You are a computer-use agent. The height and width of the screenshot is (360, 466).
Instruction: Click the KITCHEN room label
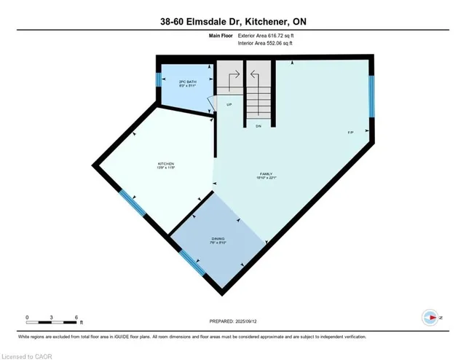(167, 165)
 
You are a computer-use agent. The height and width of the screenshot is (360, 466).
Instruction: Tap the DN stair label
(258, 126)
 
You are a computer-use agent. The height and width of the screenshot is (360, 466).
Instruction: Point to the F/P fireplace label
(349, 133)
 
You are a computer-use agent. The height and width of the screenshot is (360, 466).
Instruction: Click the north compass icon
(431, 317)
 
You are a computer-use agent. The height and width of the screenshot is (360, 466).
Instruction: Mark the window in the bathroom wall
(158, 79)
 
